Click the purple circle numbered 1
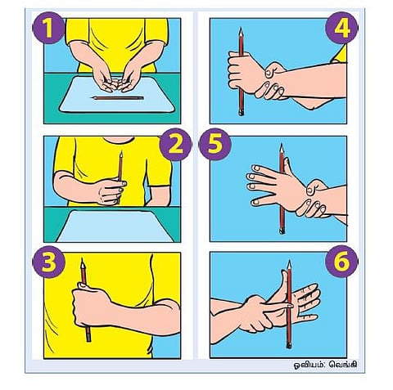(x=48, y=28)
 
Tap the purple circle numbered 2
(x=175, y=145)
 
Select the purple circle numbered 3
(x=48, y=262)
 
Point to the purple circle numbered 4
(x=341, y=28)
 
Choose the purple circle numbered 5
(x=215, y=145)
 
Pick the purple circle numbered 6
(x=341, y=261)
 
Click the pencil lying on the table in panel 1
(x=117, y=98)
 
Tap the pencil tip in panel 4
(x=241, y=28)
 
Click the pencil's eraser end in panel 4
(x=242, y=113)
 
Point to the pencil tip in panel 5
(x=282, y=144)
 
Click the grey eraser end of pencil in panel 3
(x=88, y=338)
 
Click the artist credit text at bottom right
(x=325, y=365)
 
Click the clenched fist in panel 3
(x=90, y=305)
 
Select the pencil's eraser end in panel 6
(x=289, y=346)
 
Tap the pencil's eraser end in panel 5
(x=282, y=231)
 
